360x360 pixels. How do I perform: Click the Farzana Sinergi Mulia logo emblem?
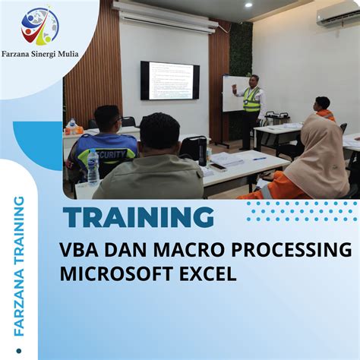pyautogui.click(x=39, y=26)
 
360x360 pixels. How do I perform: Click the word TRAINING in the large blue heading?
pyautogui.click(x=139, y=218)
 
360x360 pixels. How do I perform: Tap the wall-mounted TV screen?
pyautogui.click(x=170, y=81)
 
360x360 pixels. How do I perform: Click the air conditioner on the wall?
pyautogui.click(x=339, y=17)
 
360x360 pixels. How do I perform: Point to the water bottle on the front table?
pyautogui.click(x=93, y=167)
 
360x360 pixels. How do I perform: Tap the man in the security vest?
pyautogui.click(x=107, y=144)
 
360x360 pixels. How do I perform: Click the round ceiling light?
pyautogui.click(x=248, y=5)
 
